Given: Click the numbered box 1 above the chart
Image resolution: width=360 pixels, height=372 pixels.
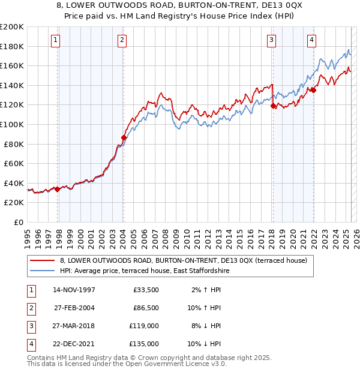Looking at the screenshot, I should pyautogui.click(x=55, y=40).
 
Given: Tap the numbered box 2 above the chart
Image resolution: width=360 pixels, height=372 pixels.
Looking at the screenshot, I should pyautogui.click(x=122, y=40).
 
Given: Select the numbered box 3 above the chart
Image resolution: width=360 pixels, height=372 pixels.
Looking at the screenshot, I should pyautogui.click(x=271, y=40).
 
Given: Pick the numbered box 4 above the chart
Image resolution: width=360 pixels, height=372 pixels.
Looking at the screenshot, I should pyautogui.click(x=312, y=40).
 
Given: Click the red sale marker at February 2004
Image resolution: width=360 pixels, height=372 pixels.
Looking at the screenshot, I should pyautogui.click(x=124, y=137).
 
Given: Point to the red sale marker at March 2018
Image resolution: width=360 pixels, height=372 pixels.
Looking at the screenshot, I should pyautogui.click(x=273, y=106).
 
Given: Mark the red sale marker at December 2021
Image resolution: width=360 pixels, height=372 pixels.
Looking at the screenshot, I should pyautogui.click(x=313, y=90).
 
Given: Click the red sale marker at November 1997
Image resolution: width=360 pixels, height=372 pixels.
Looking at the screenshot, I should pyautogui.click(x=58, y=189).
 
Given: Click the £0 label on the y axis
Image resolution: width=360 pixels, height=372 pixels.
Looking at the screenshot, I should pyautogui.click(x=20, y=222).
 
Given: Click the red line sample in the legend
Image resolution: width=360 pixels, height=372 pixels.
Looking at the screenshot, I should pyautogui.click(x=42, y=260).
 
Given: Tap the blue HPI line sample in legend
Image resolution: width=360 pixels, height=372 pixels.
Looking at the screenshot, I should pyautogui.click(x=42, y=271).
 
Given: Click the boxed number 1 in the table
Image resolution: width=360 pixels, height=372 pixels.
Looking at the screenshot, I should pyautogui.click(x=29, y=290).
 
